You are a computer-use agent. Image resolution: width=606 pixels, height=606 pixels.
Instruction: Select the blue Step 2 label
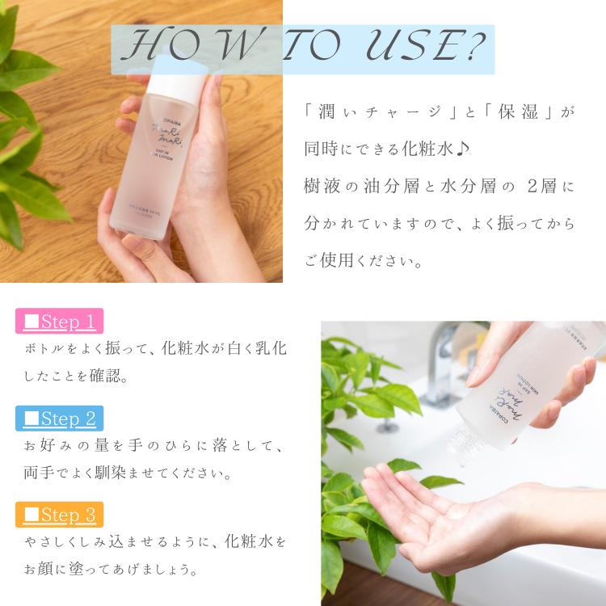click(x=60, y=419)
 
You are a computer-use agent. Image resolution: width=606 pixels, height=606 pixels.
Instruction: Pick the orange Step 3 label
click(x=60, y=514)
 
